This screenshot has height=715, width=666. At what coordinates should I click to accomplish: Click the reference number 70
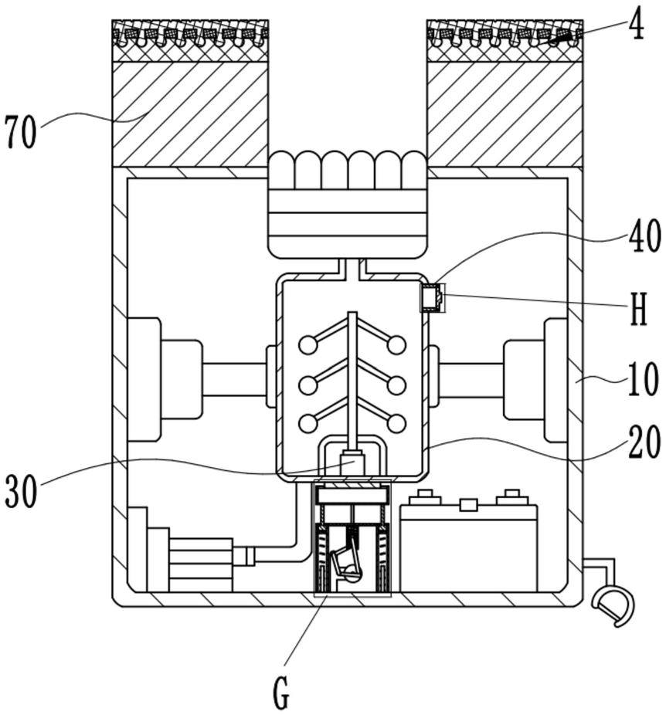point(21,133)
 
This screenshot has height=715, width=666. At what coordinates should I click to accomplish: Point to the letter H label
point(639,310)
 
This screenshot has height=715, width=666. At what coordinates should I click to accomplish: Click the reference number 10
point(642,379)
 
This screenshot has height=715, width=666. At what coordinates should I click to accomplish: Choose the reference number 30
point(22,490)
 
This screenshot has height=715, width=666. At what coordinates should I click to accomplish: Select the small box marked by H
point(432,298)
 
